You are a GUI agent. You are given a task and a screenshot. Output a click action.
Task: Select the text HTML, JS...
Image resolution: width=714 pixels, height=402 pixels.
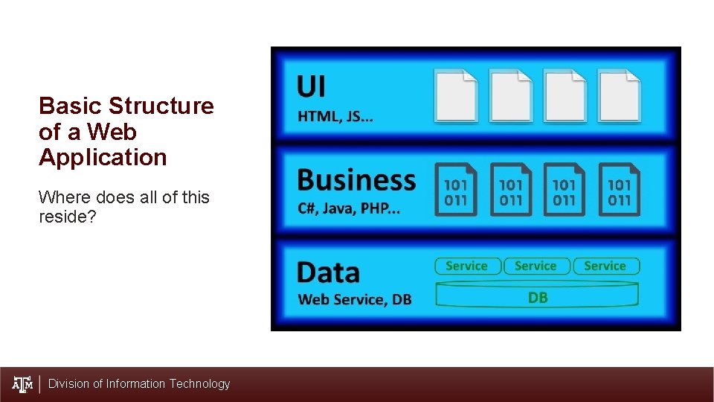click(x=335, y=116)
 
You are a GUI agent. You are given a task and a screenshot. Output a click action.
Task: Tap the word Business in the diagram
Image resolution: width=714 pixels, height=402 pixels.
click(x=356, y=179)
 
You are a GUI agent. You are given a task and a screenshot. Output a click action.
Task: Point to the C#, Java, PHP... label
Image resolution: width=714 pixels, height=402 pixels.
click(x=348, y=208)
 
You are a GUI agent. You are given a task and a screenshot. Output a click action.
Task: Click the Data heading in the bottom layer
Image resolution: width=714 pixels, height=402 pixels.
click(x=327, y=272)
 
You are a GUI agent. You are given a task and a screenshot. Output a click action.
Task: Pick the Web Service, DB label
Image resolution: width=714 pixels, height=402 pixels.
click(x=354, y=299)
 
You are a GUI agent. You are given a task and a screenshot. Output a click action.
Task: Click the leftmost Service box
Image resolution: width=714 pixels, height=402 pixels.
click(x=466, y=266)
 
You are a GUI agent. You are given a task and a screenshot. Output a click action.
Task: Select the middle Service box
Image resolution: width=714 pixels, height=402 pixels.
click(x=535, y=266)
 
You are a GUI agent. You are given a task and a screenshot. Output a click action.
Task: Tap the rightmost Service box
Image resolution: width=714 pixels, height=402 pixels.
click(x=605, y=266)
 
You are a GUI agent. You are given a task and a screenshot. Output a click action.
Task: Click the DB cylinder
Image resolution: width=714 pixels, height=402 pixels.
click(x=537, y=297)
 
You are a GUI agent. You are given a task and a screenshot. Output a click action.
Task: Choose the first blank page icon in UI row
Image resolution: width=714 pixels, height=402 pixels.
click(x=456, y=95)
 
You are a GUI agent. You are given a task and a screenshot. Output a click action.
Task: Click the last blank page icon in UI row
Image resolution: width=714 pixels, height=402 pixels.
click(x=619, y=95)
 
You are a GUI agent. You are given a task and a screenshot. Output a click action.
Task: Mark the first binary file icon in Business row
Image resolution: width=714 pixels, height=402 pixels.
click(x=455, y=190)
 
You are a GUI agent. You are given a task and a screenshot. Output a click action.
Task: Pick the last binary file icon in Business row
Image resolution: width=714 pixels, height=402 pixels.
click(x=619, y=190)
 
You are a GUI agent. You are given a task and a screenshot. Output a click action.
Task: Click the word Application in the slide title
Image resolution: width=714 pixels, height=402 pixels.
click(x=103, y=158)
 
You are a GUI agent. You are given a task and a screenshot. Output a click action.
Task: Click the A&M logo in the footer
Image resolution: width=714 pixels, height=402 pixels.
click(x=23, y=384)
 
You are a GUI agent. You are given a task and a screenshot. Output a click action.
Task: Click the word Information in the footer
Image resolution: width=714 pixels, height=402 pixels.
click(x=136, y=384)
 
